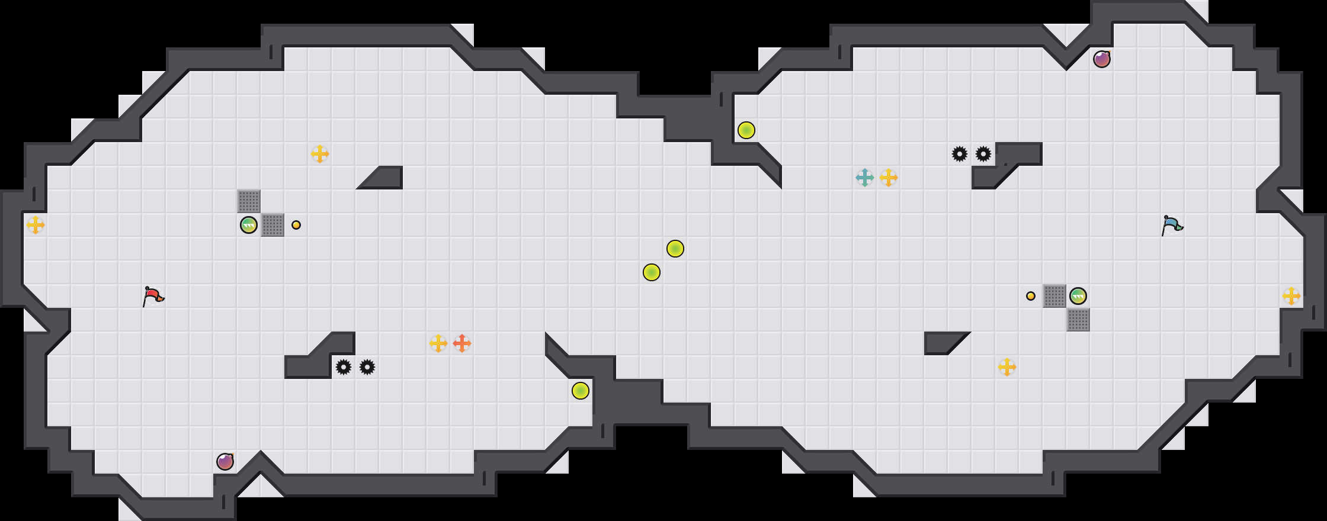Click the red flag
point(153,295)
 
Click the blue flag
point(1172,224)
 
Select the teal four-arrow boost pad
point(865,178)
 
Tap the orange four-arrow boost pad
point(462,343)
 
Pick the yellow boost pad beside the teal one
point(889,178)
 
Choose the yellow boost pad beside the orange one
point(438,343)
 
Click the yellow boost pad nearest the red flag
point(36,225)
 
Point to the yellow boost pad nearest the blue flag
point(1291,296)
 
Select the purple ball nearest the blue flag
point(1102,59)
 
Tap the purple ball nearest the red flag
point(225,462)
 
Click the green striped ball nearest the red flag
point(249,225)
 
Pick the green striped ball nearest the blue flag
point(1078,296)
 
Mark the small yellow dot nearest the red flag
point(296,225)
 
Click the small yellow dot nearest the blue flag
point(1031,296)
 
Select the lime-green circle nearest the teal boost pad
point(746,130)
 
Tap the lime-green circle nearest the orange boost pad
point(581,391)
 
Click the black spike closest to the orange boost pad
point(367,367)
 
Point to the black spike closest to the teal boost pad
point(960,154)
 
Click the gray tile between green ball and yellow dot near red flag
point(273,225)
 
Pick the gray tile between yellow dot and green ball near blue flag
point(1054,296)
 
